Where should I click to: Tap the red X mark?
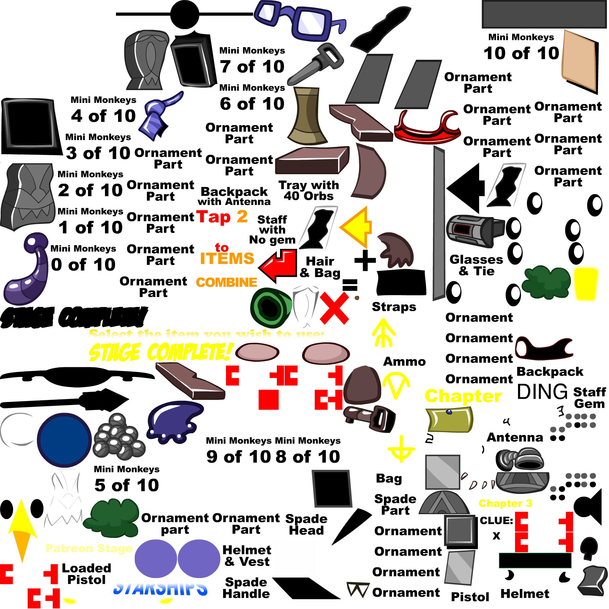(334, 308)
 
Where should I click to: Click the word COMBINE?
(226, 282)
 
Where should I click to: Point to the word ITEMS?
(227, 259)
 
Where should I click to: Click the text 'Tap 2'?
(222, 217)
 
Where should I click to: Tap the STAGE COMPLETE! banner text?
(161, 352)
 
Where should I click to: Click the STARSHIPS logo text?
(160, 587)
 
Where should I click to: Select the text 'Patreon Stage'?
(89, 548)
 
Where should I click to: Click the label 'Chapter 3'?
(505, 503)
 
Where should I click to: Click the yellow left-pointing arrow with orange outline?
(357, 227)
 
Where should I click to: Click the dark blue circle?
(64, 440)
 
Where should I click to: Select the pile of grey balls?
(119, 437)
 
